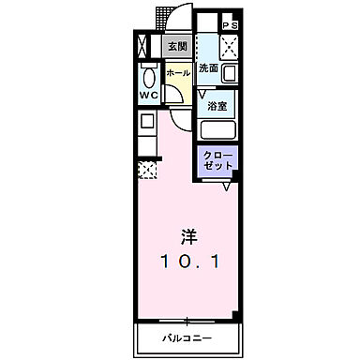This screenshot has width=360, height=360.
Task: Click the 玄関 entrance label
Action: [175, 45]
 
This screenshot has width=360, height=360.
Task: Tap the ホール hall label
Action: [176, 72]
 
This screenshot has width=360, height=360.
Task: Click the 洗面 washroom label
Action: [208, 69]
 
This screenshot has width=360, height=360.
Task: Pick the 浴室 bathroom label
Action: [217, 107]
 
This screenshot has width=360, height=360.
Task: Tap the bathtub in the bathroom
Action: [217, 130]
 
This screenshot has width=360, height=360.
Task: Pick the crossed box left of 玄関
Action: [142, 45]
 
